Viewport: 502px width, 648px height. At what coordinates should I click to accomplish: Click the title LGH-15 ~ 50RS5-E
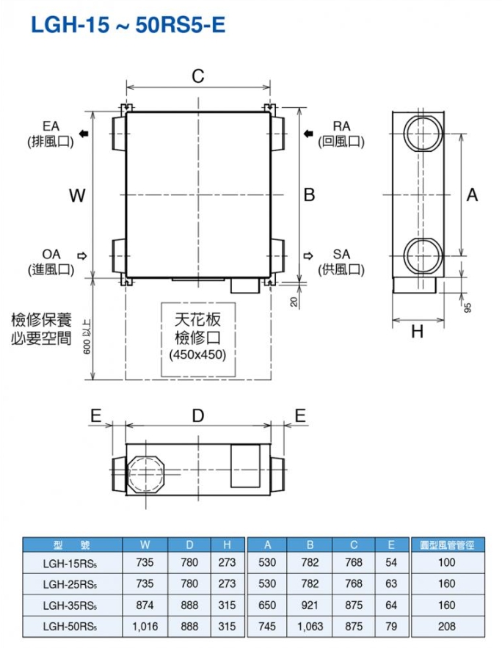[x=128, y=26]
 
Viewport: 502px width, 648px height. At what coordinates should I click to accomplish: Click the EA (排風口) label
[x=51, y=134]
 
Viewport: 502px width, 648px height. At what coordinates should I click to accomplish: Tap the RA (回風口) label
[x=341, y=134]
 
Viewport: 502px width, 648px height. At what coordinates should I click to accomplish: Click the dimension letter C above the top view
[x=197, y=76]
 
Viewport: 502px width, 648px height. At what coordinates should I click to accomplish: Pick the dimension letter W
[x=77, y=195]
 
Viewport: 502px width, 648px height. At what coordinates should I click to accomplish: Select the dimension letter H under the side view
[x=417, y=332]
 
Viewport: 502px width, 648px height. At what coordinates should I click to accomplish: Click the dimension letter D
[x=197, y=415]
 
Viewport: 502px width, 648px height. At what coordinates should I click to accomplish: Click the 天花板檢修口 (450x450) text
[x=197, y=337]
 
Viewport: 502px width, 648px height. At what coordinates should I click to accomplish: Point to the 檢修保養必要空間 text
[x=41, y=330]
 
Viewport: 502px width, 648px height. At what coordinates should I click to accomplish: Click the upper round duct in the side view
[x=423, y=136]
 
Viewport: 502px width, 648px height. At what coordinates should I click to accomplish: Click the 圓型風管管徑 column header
[x=446, y=544]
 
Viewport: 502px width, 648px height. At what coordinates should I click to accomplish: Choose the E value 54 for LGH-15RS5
[x=390, y=564]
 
